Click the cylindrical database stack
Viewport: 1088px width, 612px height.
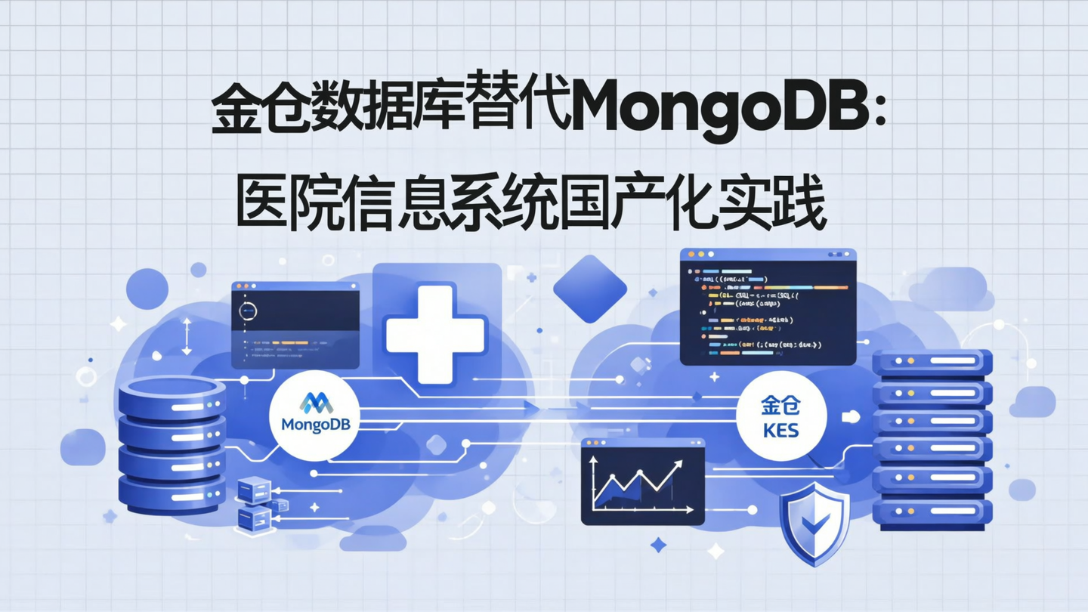(172, 446)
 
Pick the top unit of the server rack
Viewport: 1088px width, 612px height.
(932, 361)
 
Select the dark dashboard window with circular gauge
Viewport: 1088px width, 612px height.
(295, 325)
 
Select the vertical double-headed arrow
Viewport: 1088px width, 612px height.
(187, 336)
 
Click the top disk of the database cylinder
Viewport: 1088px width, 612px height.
(172, 394)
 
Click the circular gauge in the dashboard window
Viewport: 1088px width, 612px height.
(248, 310)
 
